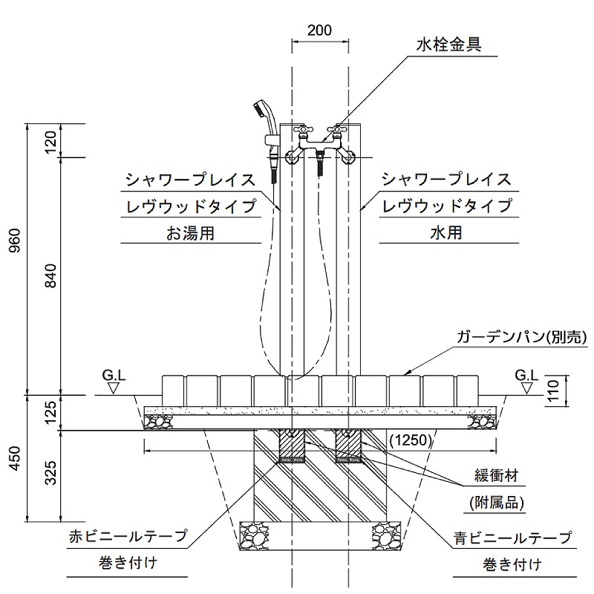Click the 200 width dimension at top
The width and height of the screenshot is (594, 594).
click(x=319, y=30)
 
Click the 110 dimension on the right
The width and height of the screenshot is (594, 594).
click(x=552, y=389)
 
